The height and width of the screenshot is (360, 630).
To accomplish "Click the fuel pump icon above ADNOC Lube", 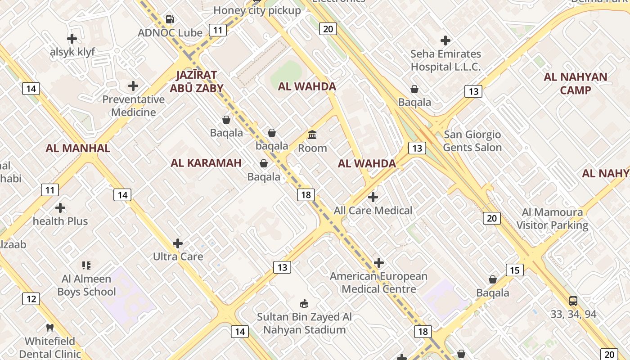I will pyautogui.click(x=170, y=19).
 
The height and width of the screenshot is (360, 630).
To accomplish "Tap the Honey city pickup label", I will pyautogui.click(x=257, y=10).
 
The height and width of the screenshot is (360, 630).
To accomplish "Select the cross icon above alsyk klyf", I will pyautogui.click(x=72, y=39).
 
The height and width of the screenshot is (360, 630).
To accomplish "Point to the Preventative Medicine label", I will pyautogui.click(x=134, y=106).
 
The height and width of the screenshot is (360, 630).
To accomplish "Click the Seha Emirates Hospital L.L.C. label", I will pyautogui.click(x=445, y=60).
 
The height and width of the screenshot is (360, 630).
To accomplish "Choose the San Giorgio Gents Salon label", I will pyautogui.click(x=472, y=141).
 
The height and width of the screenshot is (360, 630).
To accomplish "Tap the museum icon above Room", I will pyautogui.click(x=312, y=135).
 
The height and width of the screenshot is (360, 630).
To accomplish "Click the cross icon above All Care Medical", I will pyautogui.click(x=373, y=197).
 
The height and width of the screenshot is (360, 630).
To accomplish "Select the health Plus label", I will pyautogui.click(x=60, y=221).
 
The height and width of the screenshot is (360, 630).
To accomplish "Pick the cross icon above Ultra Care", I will pyautogui.click(x=178, y=243).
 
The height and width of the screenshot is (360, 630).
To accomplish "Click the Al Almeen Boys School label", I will pyautogui.click(x=86, y=285).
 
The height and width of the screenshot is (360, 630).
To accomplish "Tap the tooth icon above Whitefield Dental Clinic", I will pyautogui.click(x=50, y=328).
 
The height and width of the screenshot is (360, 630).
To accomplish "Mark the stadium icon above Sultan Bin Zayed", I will pyautogui.click(x=304, y=303).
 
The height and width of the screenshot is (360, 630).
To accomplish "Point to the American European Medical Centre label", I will pyautogui.click(x=379, y=282).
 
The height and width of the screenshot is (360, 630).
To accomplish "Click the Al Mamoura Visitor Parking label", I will pyautogui.click(x=552, y=219).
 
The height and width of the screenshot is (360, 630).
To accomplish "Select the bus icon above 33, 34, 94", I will pyautogui.click(x=573, y=301).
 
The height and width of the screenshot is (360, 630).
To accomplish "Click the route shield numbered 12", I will pyautogui.click(x=31, y=299).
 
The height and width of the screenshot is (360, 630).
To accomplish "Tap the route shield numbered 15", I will pyautogui.click(x=515, y=270).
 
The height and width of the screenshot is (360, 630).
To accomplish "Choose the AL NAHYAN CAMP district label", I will pyautogui.click(x=576, y=83).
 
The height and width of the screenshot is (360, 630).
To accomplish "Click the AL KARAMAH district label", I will pyautogui.click(x=206, y=163).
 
